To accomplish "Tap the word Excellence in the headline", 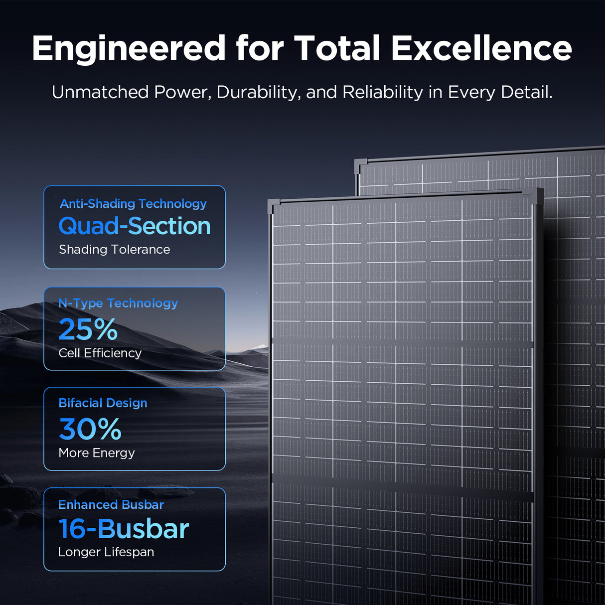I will (x=481, y=49).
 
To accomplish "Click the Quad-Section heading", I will (x=135, y=226).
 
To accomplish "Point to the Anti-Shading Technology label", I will (x=133, y=204).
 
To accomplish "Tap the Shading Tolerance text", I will (x=114, y=249).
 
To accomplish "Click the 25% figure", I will (x=88, y=329).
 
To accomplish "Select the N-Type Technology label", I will (x=118, y=303).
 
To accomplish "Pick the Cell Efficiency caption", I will (x=100, y=353).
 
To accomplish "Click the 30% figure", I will (x=90, y=429).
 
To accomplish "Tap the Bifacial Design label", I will (x=103, y=403).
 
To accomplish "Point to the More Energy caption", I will (x=97, y=453).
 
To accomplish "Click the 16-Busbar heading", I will (x=124, y=529).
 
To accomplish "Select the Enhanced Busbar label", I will (x=111, y=504).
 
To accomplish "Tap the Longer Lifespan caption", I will (x=106, y=552).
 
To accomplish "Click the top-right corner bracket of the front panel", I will (x=537, y=195).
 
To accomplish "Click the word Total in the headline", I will (x=337, y=49).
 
